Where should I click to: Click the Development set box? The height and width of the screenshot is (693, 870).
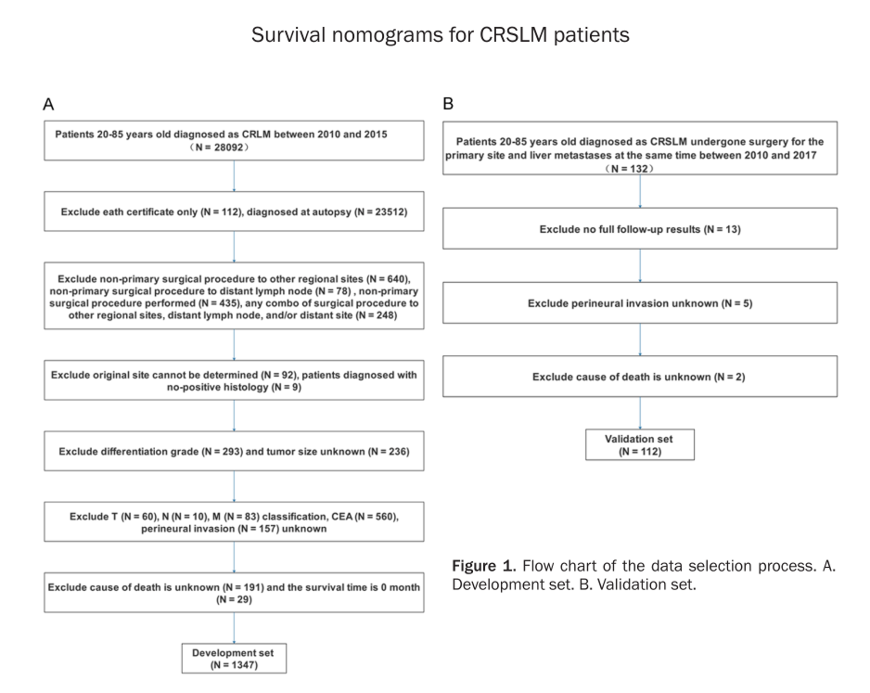click(x=234, y=658)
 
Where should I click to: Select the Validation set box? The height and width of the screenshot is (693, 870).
click(x=640, y=445)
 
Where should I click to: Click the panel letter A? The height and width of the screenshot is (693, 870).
click(x=48, y=104)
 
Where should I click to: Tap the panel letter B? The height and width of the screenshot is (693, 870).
click(x=448, y=104)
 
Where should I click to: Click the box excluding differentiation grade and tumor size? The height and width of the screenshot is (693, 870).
click(x=234, y=451)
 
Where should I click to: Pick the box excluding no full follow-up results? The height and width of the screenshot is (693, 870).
click(x=640, y=228)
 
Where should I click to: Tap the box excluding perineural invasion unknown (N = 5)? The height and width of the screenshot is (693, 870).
click(x=640, y=303)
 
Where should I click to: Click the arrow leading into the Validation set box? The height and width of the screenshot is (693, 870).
click(x=640, y=413)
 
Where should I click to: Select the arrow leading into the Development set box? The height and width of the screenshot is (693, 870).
click(x=234, y=628)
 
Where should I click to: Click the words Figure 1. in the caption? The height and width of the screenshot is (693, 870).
click(x=484, y=566)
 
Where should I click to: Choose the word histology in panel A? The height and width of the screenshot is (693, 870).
click(x=248, y=387)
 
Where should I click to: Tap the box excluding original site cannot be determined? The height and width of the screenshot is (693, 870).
click(x=234, y=380)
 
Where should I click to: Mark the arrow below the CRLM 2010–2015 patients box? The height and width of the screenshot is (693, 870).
click(x=234, y=176)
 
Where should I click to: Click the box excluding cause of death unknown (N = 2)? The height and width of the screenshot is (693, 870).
click(x=640, y=376)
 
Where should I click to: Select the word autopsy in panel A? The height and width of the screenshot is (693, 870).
click(x=332, y=212)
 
